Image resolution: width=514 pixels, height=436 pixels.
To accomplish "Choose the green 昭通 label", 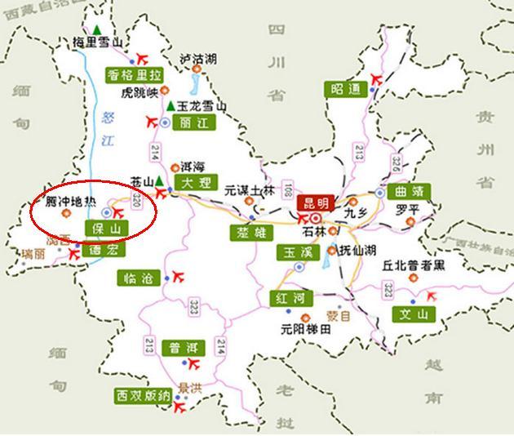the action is click(x=346, y=89).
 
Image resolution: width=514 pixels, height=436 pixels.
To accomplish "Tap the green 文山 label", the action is click(x=413, y=314).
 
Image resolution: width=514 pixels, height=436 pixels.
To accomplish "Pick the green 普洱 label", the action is click(x=182, y=348).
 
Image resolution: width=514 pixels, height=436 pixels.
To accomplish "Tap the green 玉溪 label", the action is click(x=295, y=251).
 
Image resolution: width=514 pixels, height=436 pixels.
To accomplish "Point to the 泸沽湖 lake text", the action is click(x=198, y=59).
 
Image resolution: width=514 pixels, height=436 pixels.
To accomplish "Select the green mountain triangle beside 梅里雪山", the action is click(x=97, y=31).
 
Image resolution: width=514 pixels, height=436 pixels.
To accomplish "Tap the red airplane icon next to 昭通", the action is click(x=376, y=78).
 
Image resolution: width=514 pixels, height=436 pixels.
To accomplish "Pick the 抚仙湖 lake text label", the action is click(x=358, y=251).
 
